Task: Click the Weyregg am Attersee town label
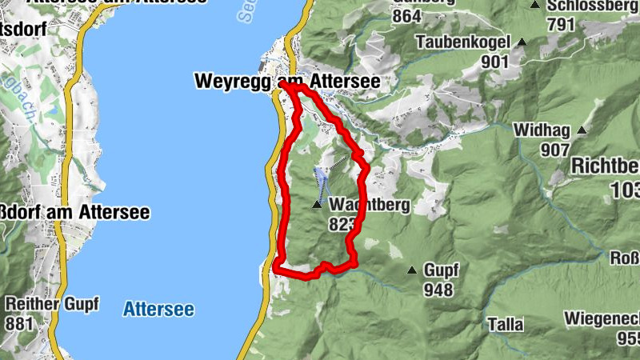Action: pyautogui.click(x=286, y=82)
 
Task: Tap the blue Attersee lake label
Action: pyautogui.click(x=158, y=309)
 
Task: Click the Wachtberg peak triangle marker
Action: pyautogui.click(x=318, y=206)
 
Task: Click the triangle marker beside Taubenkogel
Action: pyautogui.click(x=522, y=42)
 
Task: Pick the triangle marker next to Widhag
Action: pyautogui.click(x=582, y=130)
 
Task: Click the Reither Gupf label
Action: pyautogui.click(x=52, y=304)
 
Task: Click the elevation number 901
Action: pyautogui.click(x=496, y=61)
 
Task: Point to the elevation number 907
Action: pyautogui.click(x=554, y=149)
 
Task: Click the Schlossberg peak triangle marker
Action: pyautogui.click(x=534, y=5)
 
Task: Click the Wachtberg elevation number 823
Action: pyautogui.click(x=341, y=225)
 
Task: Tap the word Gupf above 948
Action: pyautogui.click(x=441, y=270)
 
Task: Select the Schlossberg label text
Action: pyautogui.click(x=592, y=5)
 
